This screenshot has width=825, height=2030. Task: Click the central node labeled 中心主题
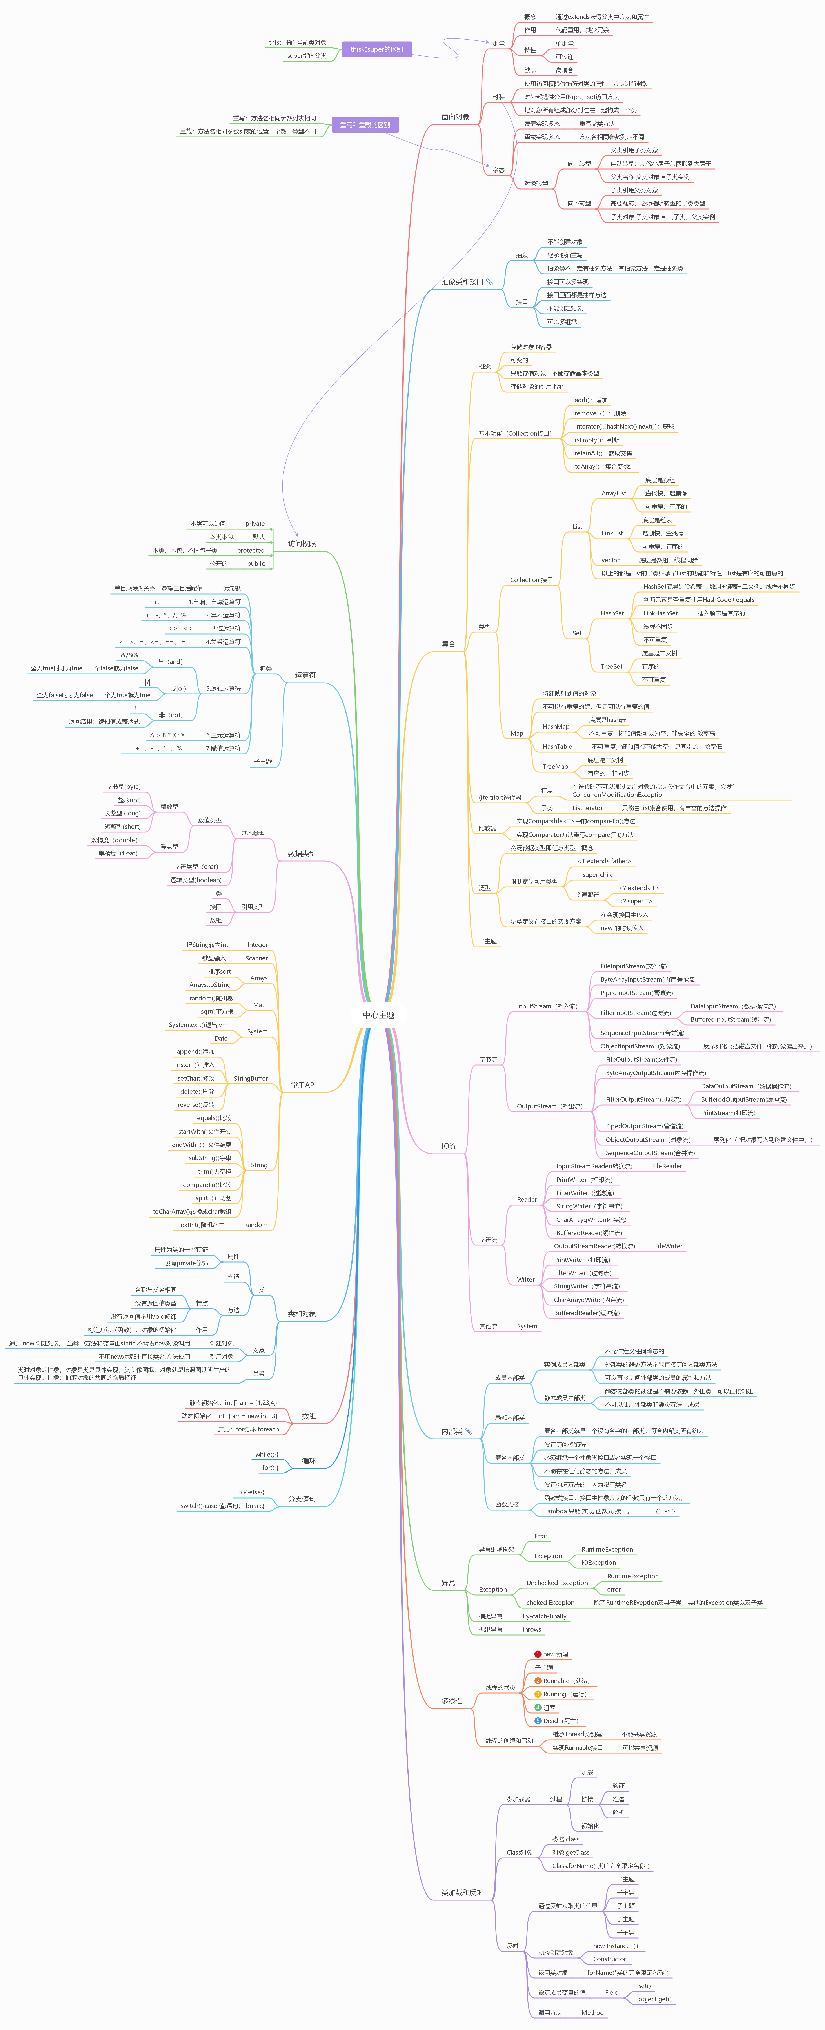click(378, 1015)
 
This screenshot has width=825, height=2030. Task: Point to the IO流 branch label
click(448, 1146)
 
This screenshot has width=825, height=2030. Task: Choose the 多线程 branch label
click(451, 1701)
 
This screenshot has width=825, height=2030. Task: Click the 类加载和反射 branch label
click(462, 1892)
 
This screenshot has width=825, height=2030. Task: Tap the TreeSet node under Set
click(611, 667)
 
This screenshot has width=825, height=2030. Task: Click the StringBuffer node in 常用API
click(251, 1078)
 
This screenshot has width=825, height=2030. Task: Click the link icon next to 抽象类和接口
click(489, 281)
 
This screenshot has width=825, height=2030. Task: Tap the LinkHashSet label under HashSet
click(660, 613)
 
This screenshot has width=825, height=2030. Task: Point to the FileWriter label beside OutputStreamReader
click(668, 1246)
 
